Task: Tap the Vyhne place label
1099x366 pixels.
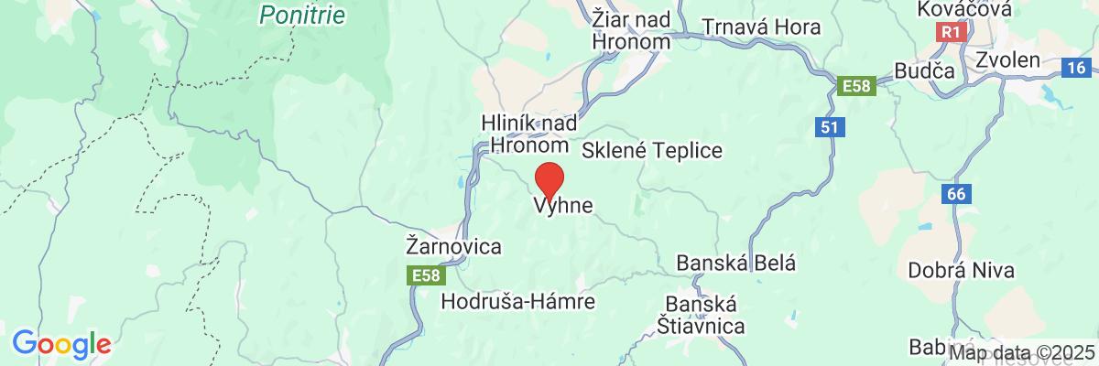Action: click(563, 208)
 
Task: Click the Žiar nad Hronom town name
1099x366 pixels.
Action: click(632, 30)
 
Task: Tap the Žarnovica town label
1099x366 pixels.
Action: click(453, 247)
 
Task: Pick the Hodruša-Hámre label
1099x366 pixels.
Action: click(531, 301)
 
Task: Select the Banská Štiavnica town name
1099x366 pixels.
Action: click(702, 314)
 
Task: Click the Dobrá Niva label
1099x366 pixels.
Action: click(952, 271)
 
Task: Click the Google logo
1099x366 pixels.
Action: click(61, 344)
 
